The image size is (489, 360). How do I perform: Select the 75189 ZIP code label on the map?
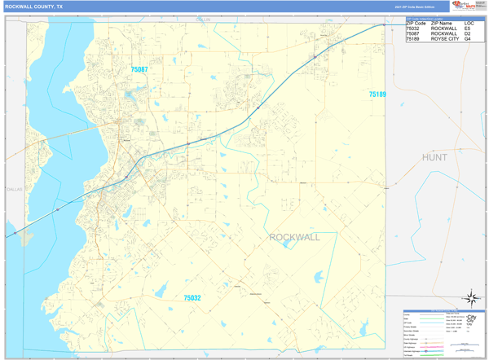tap(377, 94)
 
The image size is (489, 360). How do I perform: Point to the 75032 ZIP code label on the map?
tap(192, 298)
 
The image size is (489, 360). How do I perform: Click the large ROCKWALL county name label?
tap(294, 237)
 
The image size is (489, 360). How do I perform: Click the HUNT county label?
tap(434, 156)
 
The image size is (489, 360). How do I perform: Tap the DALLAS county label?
tap(15, 189)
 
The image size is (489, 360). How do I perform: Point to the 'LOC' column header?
tap(469, 23)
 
